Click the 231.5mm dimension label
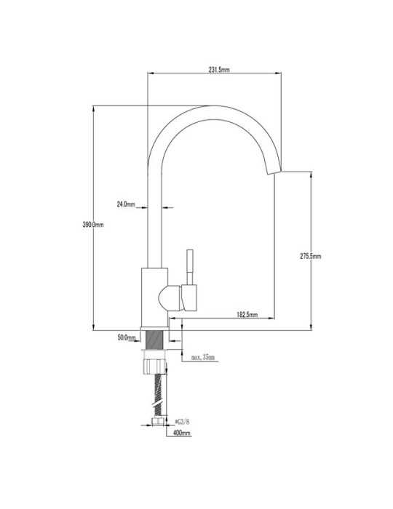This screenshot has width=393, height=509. coord(219,70)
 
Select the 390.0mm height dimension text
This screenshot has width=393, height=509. coord(93,224)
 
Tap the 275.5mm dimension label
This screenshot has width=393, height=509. coord(311,256)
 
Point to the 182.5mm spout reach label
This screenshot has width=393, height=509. coord(247,314)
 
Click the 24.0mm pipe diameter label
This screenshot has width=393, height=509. coord(126,204)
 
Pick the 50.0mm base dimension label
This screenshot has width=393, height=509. coord(127,337)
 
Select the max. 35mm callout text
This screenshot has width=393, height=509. coord(203,357)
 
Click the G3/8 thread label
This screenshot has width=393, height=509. coord(182,422)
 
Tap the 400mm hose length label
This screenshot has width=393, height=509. coord(182,433)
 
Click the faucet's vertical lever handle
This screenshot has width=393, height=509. coord(190,267)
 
